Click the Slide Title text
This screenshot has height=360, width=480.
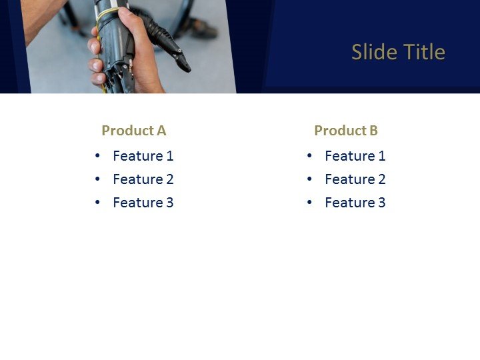[398, 52]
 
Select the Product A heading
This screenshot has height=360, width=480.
[133, 131]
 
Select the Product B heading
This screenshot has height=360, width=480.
[346, 131]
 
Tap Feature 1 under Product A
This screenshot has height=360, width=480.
[143, 156]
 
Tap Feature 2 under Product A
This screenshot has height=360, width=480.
[143, 179]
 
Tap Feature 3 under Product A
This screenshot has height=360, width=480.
[143, 203]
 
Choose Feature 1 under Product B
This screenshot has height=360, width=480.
[355, 156]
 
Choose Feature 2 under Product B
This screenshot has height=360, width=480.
[355, 179]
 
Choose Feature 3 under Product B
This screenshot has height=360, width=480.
[355, 203]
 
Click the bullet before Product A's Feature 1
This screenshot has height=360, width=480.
[98, 156]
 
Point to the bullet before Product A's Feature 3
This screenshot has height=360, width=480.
[98, 203]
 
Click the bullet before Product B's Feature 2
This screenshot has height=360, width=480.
[310, 179]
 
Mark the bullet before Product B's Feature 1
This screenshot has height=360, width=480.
[310, 156]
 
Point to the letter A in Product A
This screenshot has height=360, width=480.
[161, 131]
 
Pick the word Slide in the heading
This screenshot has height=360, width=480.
[371, 52]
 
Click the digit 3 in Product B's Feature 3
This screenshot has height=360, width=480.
[382, 203]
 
